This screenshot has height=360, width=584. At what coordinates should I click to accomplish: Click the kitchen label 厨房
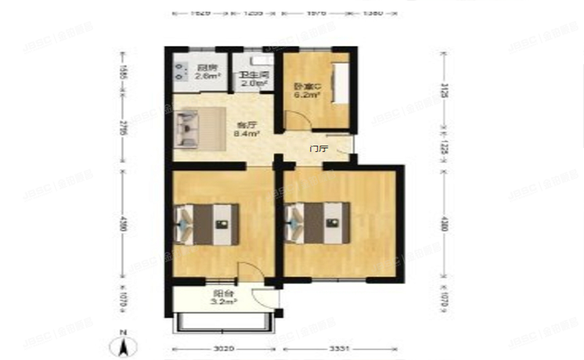206,67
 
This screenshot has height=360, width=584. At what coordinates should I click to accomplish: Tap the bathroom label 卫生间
254,75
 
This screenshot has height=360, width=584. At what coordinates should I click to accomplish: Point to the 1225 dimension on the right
445,149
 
